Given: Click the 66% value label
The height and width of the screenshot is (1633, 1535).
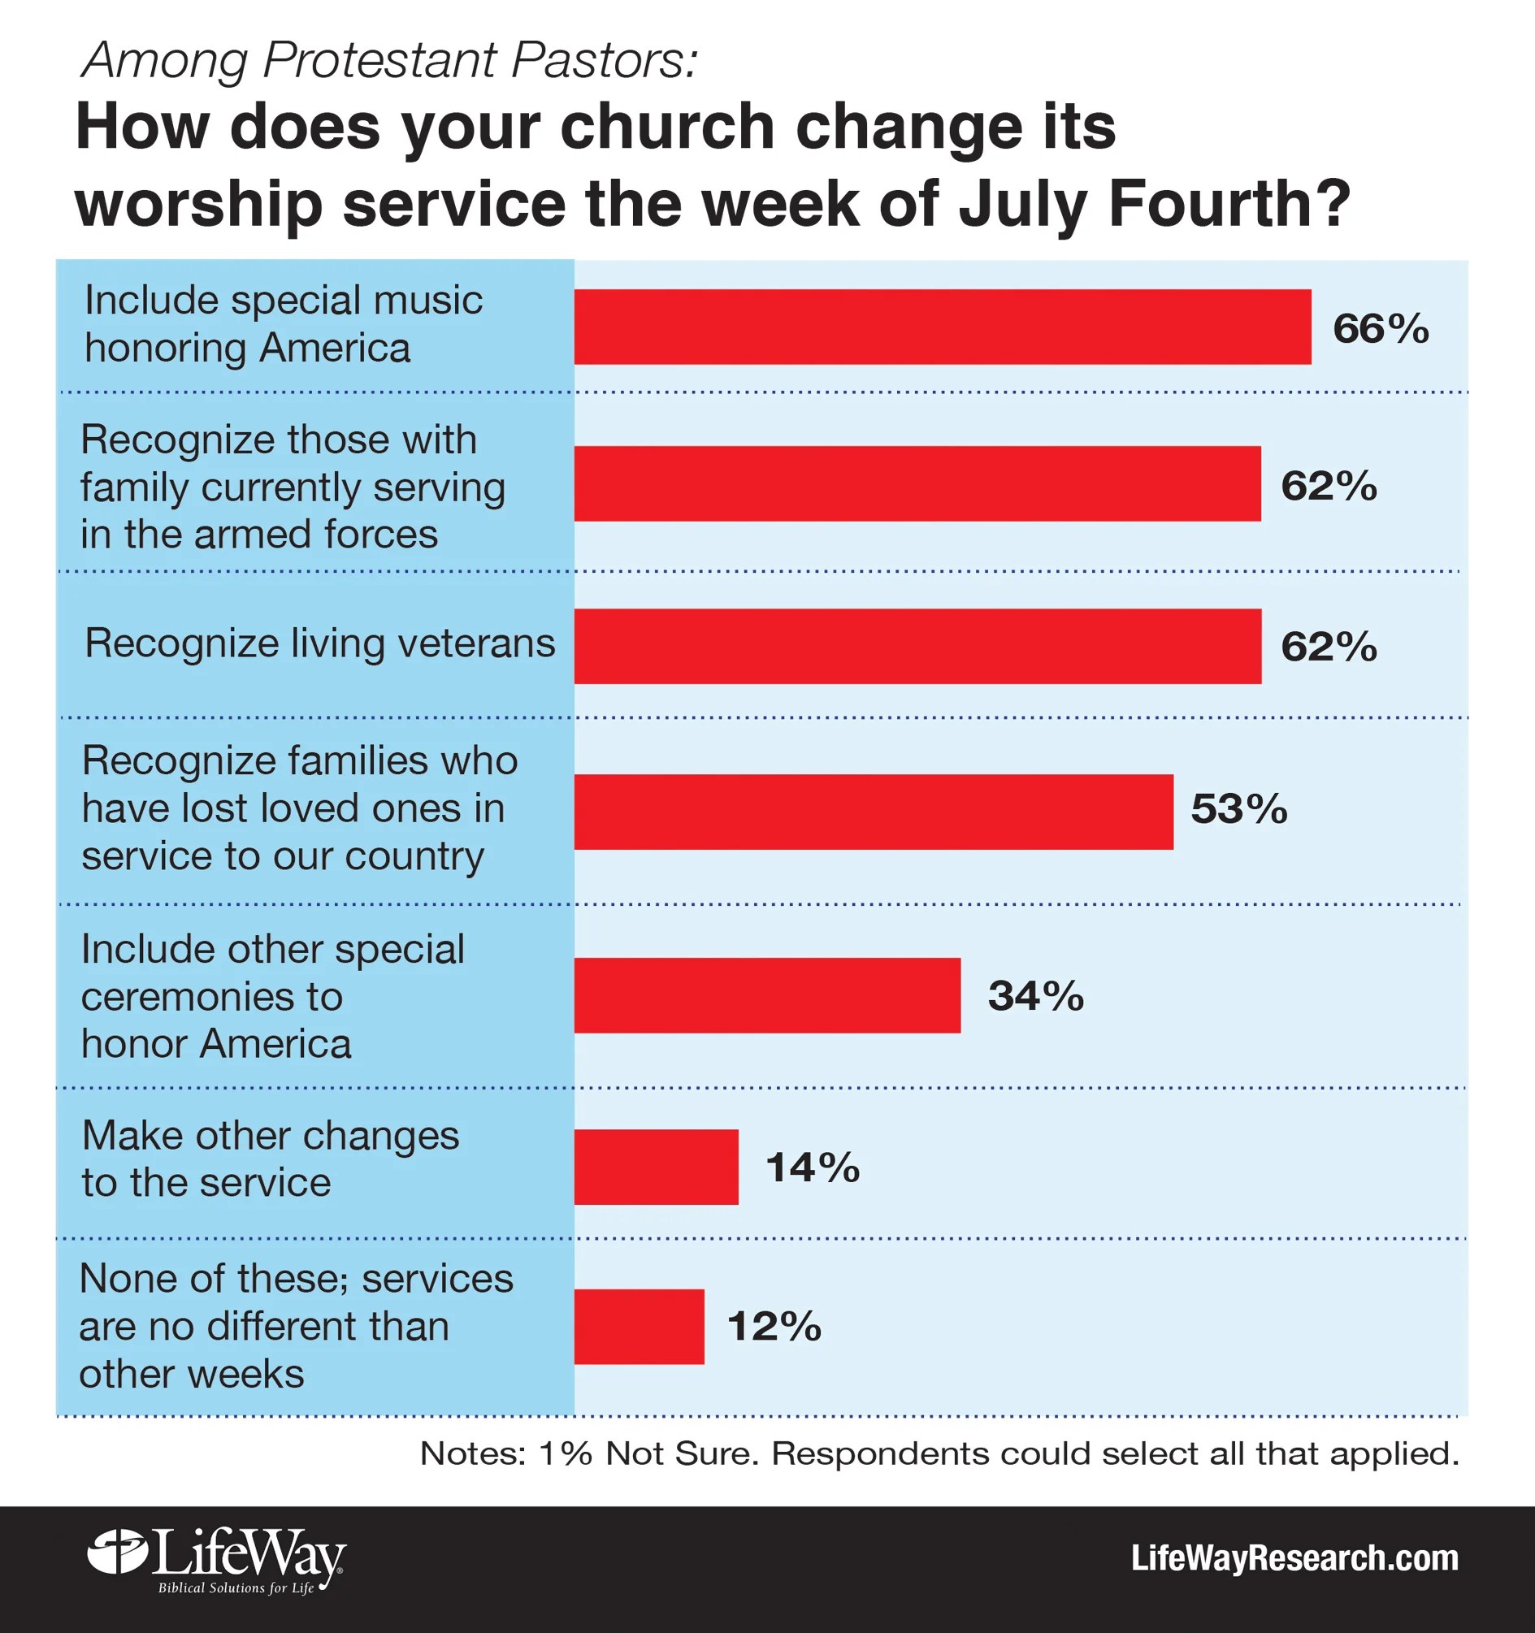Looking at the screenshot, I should point(1381,328).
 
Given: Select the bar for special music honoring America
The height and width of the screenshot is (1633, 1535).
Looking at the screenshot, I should point(943,327).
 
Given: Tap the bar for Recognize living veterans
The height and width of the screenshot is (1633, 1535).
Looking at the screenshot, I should point(917,647).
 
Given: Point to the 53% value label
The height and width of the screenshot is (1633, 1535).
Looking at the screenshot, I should point(1238,809).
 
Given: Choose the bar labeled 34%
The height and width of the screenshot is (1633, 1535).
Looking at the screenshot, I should point(766,995).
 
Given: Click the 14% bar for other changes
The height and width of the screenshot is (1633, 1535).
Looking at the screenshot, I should point(656,1167).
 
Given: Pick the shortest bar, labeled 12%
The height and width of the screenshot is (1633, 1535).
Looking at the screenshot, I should point(639,1327).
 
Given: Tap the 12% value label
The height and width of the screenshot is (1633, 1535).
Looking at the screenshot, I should point(774,1327).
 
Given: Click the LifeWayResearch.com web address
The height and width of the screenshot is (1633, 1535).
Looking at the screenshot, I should point(1294,1558).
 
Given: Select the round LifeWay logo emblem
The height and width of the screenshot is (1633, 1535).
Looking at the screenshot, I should point(118,1552).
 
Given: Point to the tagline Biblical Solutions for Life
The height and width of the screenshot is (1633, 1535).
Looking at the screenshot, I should point(236,1588).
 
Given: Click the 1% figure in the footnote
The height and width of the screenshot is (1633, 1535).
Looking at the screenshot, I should point(566,1453).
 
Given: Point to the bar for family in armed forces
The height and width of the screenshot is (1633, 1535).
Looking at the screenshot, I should point(917,484).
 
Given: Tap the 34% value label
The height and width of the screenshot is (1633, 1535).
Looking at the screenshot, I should point(1035,995).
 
